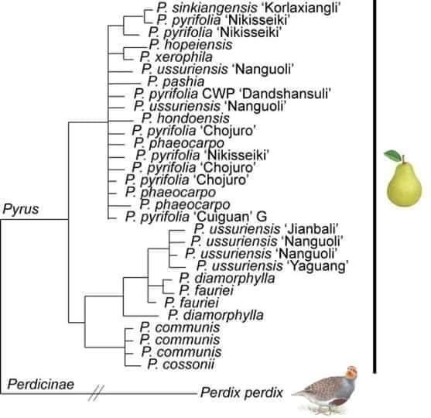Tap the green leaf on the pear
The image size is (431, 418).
pos(392,156)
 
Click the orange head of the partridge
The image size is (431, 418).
pos(351,372)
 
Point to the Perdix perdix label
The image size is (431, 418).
pos(241,392)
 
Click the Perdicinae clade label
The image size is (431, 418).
pos(41,384)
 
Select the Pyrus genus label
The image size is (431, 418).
pos(21,209)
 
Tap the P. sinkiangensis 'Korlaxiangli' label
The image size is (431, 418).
pos(248,8)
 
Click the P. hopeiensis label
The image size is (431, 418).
pos(191,45)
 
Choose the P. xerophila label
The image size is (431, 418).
pos(176,57)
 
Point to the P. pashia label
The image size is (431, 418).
pos(176,82)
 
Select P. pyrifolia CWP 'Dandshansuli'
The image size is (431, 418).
pos(232,94)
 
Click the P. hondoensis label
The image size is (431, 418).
pos(186,118)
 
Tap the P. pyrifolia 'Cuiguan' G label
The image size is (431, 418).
pos(196,217)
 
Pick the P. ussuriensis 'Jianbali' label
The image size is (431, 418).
pos(266,229)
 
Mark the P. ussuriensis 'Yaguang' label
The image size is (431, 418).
pos(272,266)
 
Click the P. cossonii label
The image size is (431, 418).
pos(181,365)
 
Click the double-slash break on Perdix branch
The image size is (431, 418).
pos(97,393)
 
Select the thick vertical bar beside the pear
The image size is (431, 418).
pos(375,187)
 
